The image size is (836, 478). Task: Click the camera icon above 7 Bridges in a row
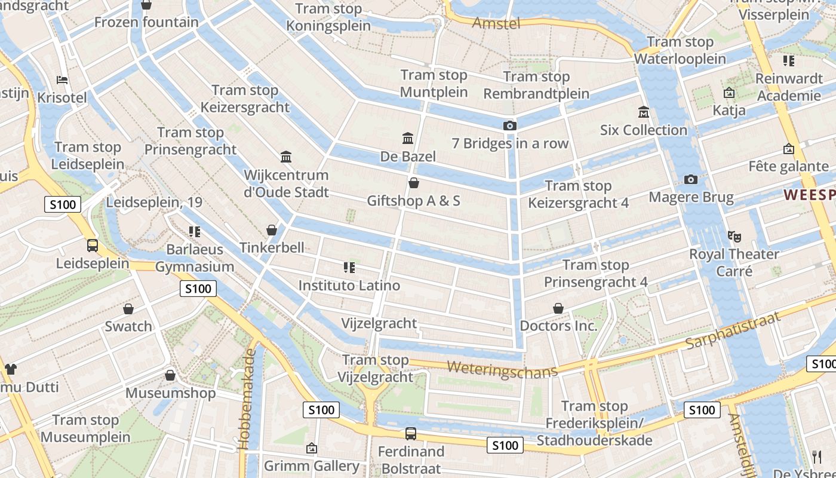(509, 125)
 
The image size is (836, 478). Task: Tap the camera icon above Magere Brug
(691, 179)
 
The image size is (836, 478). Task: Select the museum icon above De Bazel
(408, 139)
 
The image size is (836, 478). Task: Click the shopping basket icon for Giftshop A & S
(413, 183)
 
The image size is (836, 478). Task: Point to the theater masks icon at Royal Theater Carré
(734, 236)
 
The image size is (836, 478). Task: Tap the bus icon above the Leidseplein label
(93, 245)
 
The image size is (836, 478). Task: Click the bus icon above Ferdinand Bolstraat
(411, 434)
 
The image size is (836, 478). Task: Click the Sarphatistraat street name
(733, 331)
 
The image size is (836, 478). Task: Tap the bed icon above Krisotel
(62, 80)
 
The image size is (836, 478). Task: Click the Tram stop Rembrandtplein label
(536, 85)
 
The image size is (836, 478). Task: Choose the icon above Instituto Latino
(349, 267)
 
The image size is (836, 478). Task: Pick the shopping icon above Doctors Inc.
(558, 308)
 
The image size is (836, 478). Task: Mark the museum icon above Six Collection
(644, 112)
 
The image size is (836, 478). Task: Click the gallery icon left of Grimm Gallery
(311, 448)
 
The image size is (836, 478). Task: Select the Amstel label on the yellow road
(496, 23)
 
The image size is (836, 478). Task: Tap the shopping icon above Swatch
(128, 309)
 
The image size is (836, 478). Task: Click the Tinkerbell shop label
(272, 247)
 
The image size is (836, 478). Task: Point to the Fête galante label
(788, 167)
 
